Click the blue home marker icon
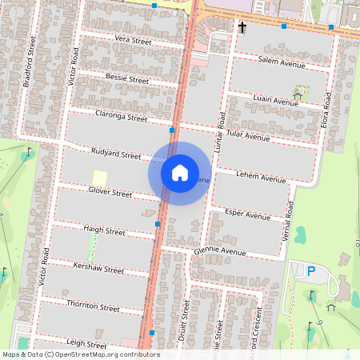tap(180, 172)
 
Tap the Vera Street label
tap(133, 40)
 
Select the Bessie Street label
tap(127, 78)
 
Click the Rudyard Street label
tap(116, 154)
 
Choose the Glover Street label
tap(110, 193)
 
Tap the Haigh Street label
tap(105, 231)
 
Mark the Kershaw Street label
tap(98, 270)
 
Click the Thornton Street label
tap(94, 307)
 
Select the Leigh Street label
tap(86, 345)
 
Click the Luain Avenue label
tap(275, 102)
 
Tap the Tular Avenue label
tap(248, 136)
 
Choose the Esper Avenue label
tap(249, 215)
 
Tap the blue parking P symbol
tap(310, 272)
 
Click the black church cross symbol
tap(242, 27)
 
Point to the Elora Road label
tap(327, 112)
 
